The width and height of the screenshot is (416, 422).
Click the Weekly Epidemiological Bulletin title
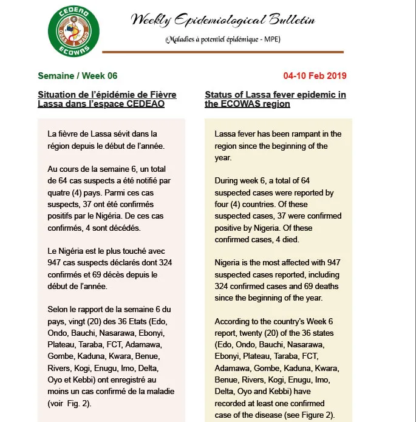pos(223,20)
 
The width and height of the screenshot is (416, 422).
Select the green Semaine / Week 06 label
pos(77,76)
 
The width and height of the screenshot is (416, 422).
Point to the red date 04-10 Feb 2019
pos(315,76)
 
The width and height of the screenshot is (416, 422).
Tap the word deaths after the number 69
pos(329,287)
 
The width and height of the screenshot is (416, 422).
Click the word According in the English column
pos(233,321)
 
